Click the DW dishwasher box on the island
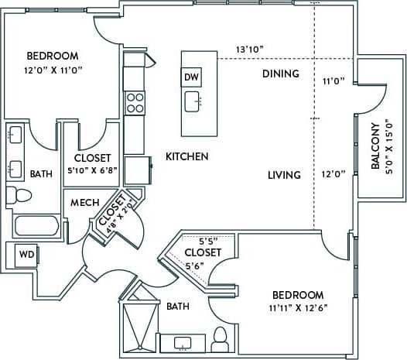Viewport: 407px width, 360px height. pos(192,77)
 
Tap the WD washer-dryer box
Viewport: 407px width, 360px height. pos(26,254)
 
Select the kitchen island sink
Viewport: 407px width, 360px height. pos(193,100)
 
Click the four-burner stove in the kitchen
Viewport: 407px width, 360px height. pos(135,102)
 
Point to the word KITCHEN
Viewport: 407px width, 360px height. pos(186,156)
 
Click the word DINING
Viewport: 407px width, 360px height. pos(279,74)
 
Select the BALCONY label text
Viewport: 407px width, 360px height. pos(375,146)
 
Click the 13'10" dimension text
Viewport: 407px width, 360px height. pos(250,50)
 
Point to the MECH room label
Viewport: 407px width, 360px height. pos(84,203)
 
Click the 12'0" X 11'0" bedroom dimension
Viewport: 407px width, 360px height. pos(52,70)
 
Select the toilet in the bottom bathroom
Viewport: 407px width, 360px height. pos(220,338)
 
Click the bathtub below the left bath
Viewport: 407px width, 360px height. pos(36,227)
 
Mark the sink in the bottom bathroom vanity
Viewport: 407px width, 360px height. pos(183,341)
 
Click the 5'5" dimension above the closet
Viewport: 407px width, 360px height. pos(210,240)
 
